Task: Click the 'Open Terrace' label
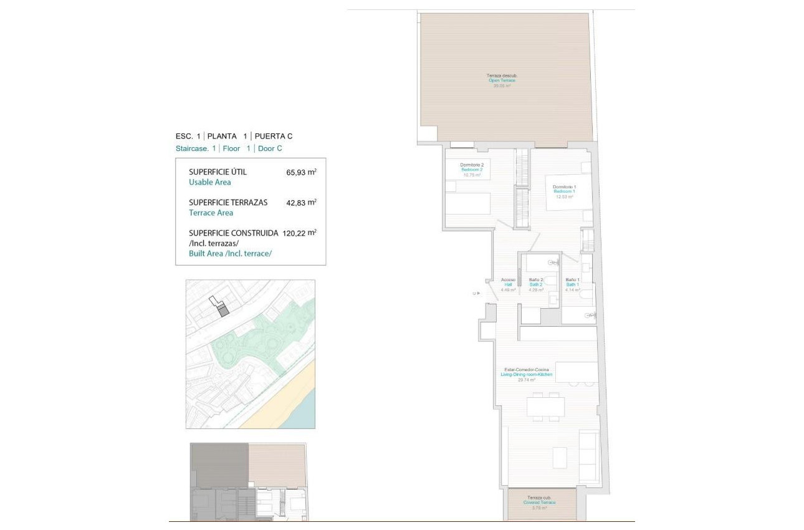click(x=502, y=80)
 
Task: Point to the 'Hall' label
click(x=508, y=285)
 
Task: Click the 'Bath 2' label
click(x=535, y=285)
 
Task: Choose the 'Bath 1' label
click(x=572, y=285)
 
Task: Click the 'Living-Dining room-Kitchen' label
click(x=527, y=375)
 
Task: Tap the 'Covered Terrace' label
click(x=540, y=503)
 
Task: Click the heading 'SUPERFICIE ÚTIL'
click(x=218, y=171)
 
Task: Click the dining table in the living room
click(x=545, y=407)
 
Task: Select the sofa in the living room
click(x=589, y=456)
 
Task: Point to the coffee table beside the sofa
click(x=559, y=456)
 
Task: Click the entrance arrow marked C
click(x=475, y=292)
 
